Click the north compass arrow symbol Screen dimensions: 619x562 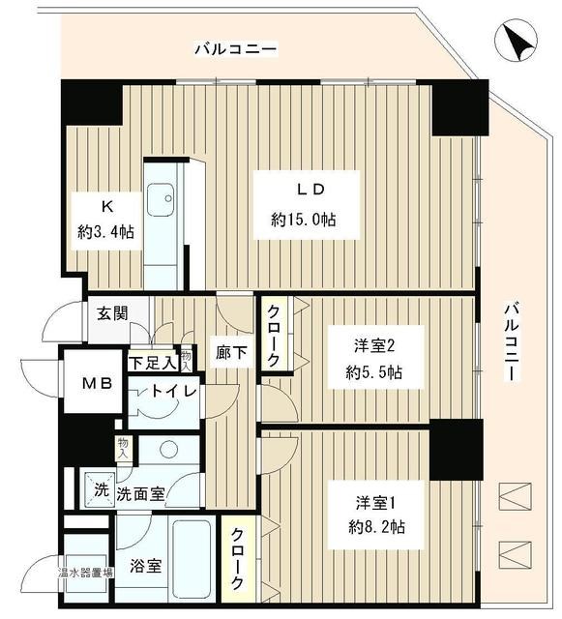click(x=518, y=42)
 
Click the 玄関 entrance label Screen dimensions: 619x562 click(x=110, y=313)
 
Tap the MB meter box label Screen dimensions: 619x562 click(x=98, y=384)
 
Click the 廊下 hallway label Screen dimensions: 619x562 click(x=232, y=354)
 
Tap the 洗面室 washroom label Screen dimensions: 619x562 click(x=140, y=492)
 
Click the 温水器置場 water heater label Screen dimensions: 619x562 click(x=84, y=572)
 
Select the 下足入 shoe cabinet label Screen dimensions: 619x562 click(x=153, y=363)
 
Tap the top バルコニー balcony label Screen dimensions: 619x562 click(x=235, y=47)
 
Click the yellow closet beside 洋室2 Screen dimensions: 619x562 click(x=273, y=333)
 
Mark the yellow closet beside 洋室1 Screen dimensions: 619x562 click(x=238, y=558)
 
